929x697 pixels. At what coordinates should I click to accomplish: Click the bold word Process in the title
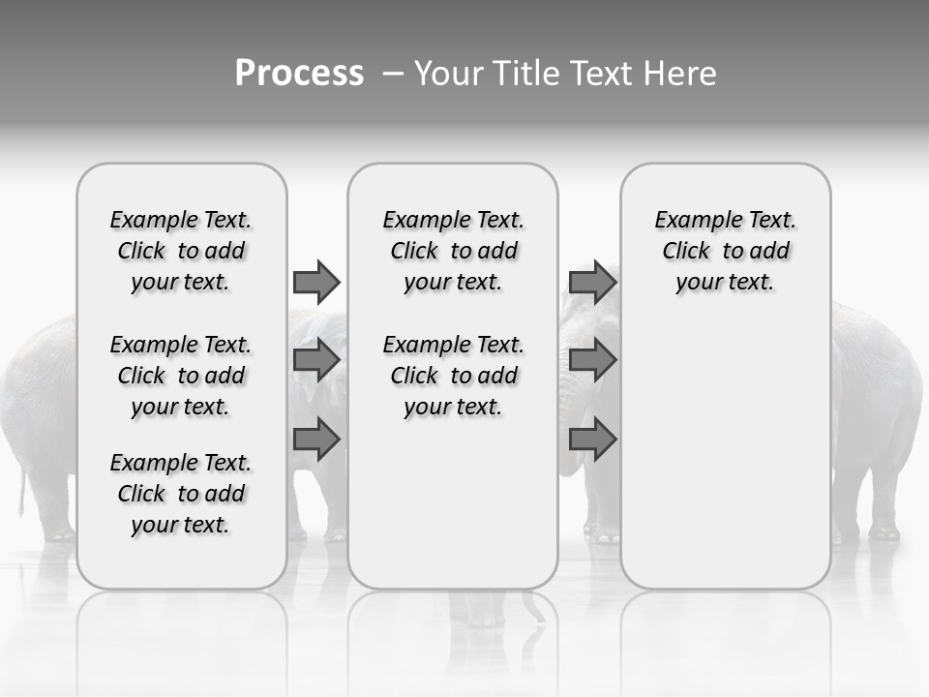click(x=299, y=74)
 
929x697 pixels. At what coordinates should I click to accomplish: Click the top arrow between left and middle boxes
click(x=316, y=282)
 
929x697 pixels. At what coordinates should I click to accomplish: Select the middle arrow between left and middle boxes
click(x=316, y=360)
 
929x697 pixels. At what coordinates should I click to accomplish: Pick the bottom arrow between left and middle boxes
click(x=316, y=439)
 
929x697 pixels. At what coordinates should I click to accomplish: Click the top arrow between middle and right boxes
click(x=592, y=282)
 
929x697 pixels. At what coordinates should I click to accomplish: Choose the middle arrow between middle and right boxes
click(x=592, y=360)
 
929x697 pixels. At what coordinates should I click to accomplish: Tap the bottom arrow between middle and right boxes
click(x=592, y=439)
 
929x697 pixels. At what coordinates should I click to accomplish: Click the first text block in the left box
click(x=181, y=251)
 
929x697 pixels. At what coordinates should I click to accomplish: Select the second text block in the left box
click(x=181, y=376)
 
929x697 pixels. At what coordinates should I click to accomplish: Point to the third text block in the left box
click(x=181, y=494)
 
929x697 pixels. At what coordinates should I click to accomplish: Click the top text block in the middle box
click(x=453, y=251)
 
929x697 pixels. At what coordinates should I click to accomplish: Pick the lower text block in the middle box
click(x=453, y=376)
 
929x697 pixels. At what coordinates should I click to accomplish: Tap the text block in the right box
click(x=725, y=251)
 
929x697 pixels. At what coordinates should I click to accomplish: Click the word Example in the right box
click(x=689, y=221)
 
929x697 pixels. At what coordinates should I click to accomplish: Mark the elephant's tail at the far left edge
click(x=20, y=489)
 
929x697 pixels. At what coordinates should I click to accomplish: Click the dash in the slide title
click(x=393, y=75)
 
